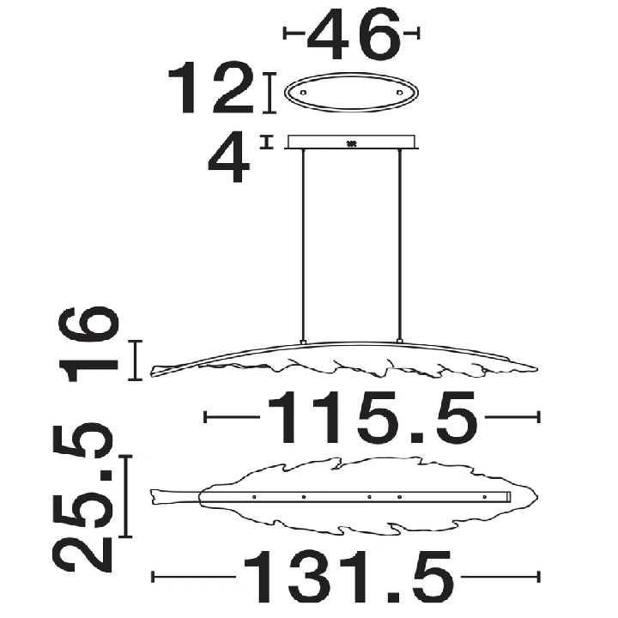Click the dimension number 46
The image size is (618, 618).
point(354,34)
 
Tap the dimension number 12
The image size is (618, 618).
point(211,88)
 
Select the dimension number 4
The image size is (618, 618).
point(229,158)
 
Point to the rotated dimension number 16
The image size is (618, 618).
point(88,343)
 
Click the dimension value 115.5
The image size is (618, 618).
point(373,418)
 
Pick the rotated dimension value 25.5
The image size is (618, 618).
point(82,497)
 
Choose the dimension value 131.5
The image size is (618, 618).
point(348,577)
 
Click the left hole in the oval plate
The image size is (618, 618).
point(303,93)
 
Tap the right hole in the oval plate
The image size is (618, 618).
point(400,93)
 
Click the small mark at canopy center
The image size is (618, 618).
point(351,144)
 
